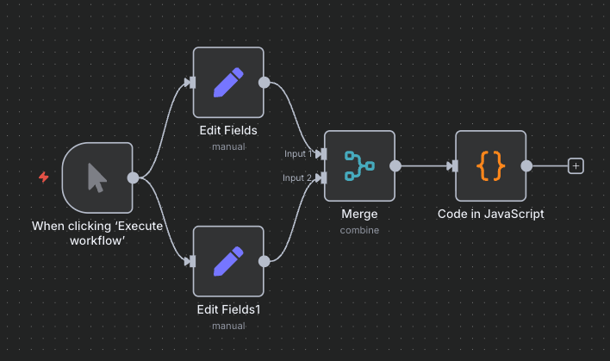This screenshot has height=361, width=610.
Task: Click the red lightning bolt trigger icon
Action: pyautogui.click(x=44, y=177)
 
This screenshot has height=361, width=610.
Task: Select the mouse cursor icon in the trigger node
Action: pyautogui.click(x=97, y=177)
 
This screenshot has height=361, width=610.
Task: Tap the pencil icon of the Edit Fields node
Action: pyautogui.click(x=228, y=82)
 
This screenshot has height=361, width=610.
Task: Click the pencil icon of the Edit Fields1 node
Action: pyautogui.click(x=228, y=260)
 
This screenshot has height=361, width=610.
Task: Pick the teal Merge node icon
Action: pyautogui.click(x=358, y=165)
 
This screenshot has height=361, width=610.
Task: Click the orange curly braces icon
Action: pyautogui.click(x=490, y=165)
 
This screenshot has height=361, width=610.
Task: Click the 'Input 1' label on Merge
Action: pyautogui.click(x=298, y=154)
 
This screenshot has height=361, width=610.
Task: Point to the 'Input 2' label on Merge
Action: pyautogui.click(x=298, y=178)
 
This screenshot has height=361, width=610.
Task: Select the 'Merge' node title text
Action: pyautogui.click(x=359, y=214)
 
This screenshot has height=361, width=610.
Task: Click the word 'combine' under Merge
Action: pyautogui.click(x=359, y=230)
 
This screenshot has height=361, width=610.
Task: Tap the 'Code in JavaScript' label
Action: pyautogui.click(x=490, y=214)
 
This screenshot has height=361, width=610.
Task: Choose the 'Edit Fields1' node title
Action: pyautogui.click(x=228, y=308)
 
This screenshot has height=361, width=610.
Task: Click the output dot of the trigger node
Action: pyautogui.click(x=134, y=177)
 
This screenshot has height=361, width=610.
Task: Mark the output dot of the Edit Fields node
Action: pyautogui.click(x=265, y=83)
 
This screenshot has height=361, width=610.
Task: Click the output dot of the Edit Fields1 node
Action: pyautogui.click(x=265, y=260)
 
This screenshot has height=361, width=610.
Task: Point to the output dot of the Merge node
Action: pyautogui.click(x=395, y=166)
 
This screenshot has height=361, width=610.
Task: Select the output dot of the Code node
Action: pyautogui.click(x=526, y=166)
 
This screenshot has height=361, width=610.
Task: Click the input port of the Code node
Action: pyautogui.click(x=452, y=166)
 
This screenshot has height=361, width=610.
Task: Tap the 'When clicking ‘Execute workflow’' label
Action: pyautogui.click(x=97, y=233)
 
